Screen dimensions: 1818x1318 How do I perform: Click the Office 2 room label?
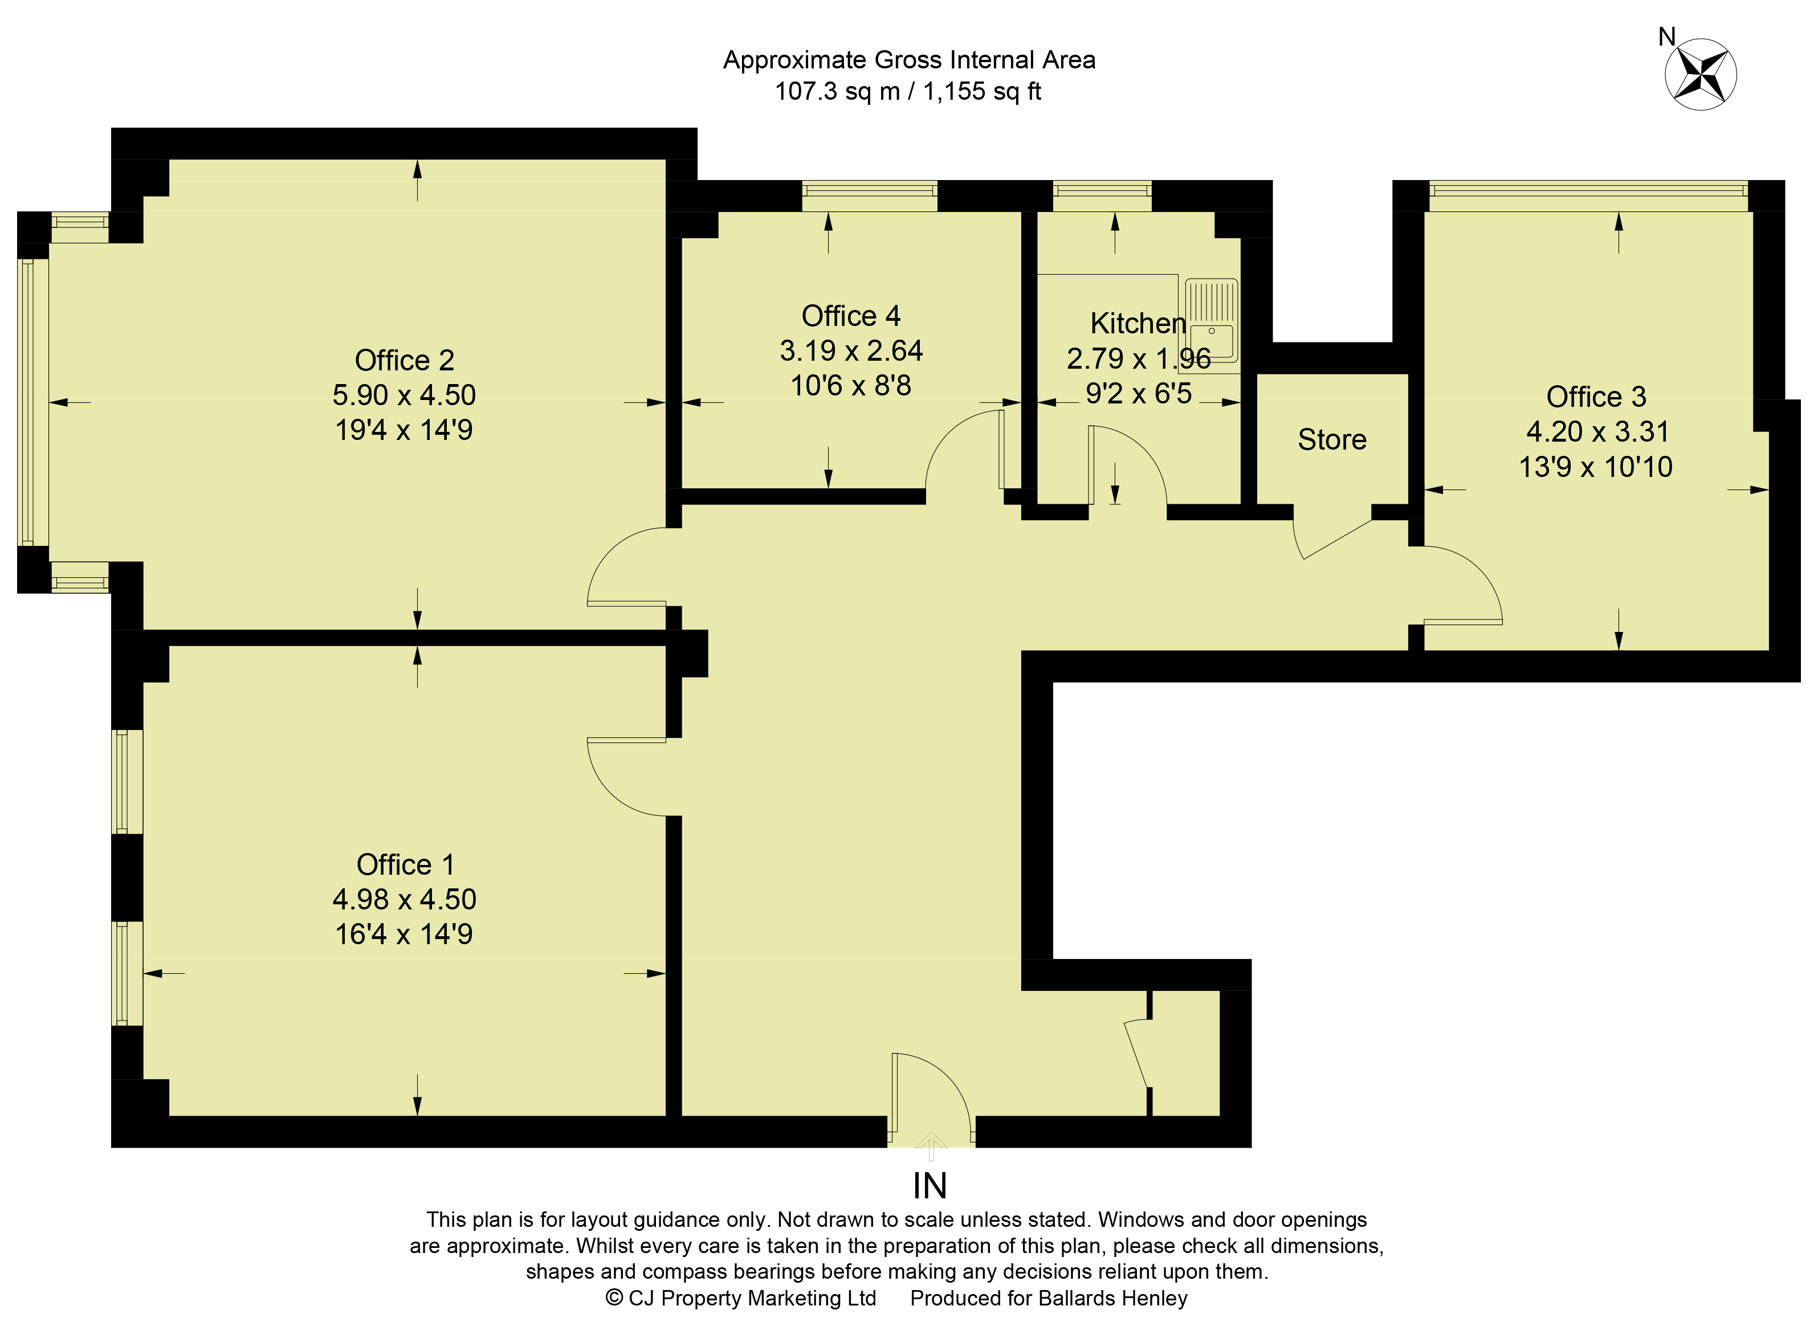click(404, 361)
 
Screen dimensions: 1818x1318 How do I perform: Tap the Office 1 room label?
click(406, 864)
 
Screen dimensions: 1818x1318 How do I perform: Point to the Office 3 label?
click(1595, 397)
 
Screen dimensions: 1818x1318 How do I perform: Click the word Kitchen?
click(1138, 323)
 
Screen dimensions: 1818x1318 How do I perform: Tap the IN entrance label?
click(930, 1186)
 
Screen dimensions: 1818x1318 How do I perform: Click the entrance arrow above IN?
click(931, 1146)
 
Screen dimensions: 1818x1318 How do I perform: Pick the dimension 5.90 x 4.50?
click(404, 395)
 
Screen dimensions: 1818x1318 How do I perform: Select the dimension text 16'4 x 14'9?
click(404, 934)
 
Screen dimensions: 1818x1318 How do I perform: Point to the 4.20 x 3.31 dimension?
click(1597, 432)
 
